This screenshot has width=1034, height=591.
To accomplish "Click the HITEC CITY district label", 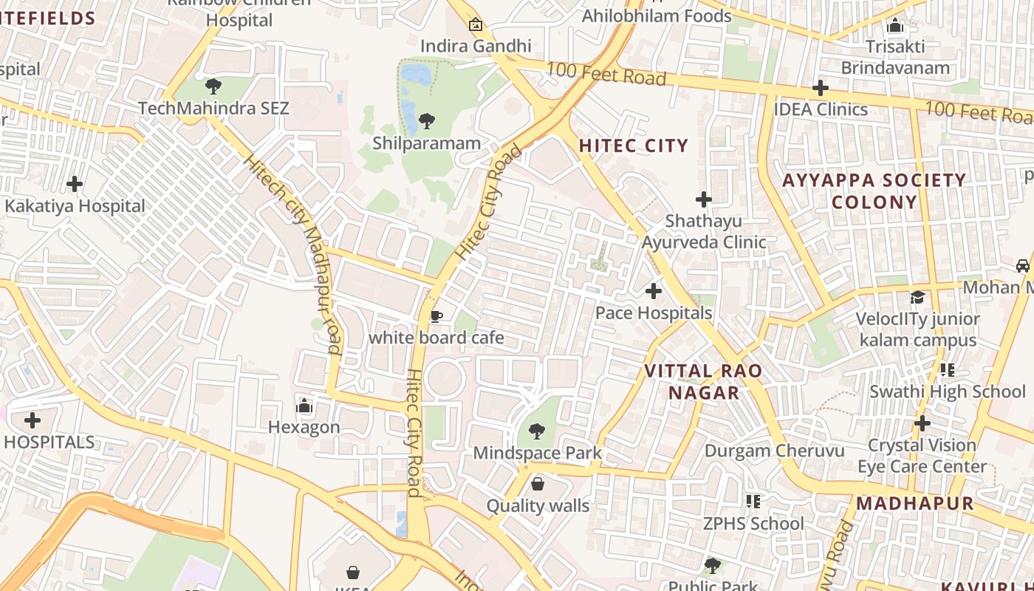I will (633, 146).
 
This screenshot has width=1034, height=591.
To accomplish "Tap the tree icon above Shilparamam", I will (426, 121).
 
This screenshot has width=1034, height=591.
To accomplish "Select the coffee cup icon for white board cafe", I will (436, 317).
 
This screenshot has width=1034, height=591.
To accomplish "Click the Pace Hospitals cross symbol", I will (654, 291).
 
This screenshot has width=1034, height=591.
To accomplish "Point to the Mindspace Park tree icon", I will (537, 431).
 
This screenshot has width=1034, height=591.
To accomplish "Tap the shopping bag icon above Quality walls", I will (538, 484).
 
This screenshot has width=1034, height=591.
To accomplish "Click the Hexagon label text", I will (304, 427).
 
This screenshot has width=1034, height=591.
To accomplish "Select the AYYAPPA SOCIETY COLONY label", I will (874, 191).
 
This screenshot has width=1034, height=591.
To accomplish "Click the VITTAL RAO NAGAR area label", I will (703, 381).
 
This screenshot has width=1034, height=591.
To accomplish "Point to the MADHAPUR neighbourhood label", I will (915, 504).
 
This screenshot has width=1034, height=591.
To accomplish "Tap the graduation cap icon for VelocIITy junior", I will (917, 297).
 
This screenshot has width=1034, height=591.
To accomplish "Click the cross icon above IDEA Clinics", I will (820, 88).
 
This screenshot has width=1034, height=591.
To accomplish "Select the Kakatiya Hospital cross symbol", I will (75, 184).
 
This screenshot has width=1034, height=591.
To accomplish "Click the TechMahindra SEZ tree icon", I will (213, 86).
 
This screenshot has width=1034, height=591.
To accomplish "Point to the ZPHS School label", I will (753, 524).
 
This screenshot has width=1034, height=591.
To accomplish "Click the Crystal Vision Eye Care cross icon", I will (922, 423).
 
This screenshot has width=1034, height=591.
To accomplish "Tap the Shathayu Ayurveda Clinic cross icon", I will (704, 199).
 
